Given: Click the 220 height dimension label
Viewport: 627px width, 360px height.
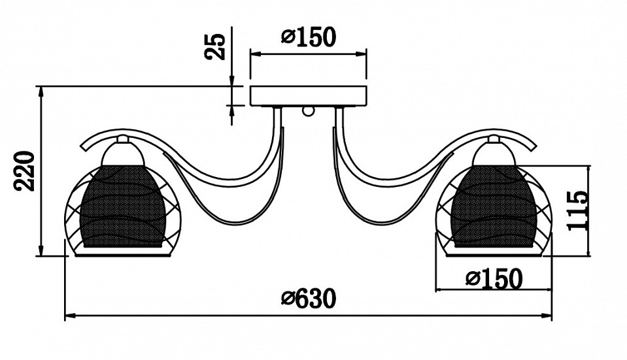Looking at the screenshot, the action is [25, 171].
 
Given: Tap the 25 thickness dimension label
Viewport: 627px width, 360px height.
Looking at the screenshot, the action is [215, 46].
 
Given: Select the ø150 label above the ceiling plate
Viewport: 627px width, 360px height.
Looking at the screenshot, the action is [309, 37].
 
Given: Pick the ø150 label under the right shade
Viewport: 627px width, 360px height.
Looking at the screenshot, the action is [494, 278].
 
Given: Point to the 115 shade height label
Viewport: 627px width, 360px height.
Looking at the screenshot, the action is [577, 210].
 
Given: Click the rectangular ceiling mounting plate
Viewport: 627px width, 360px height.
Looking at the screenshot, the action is [309, 96].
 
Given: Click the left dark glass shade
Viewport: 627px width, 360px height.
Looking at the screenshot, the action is [123, 206].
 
